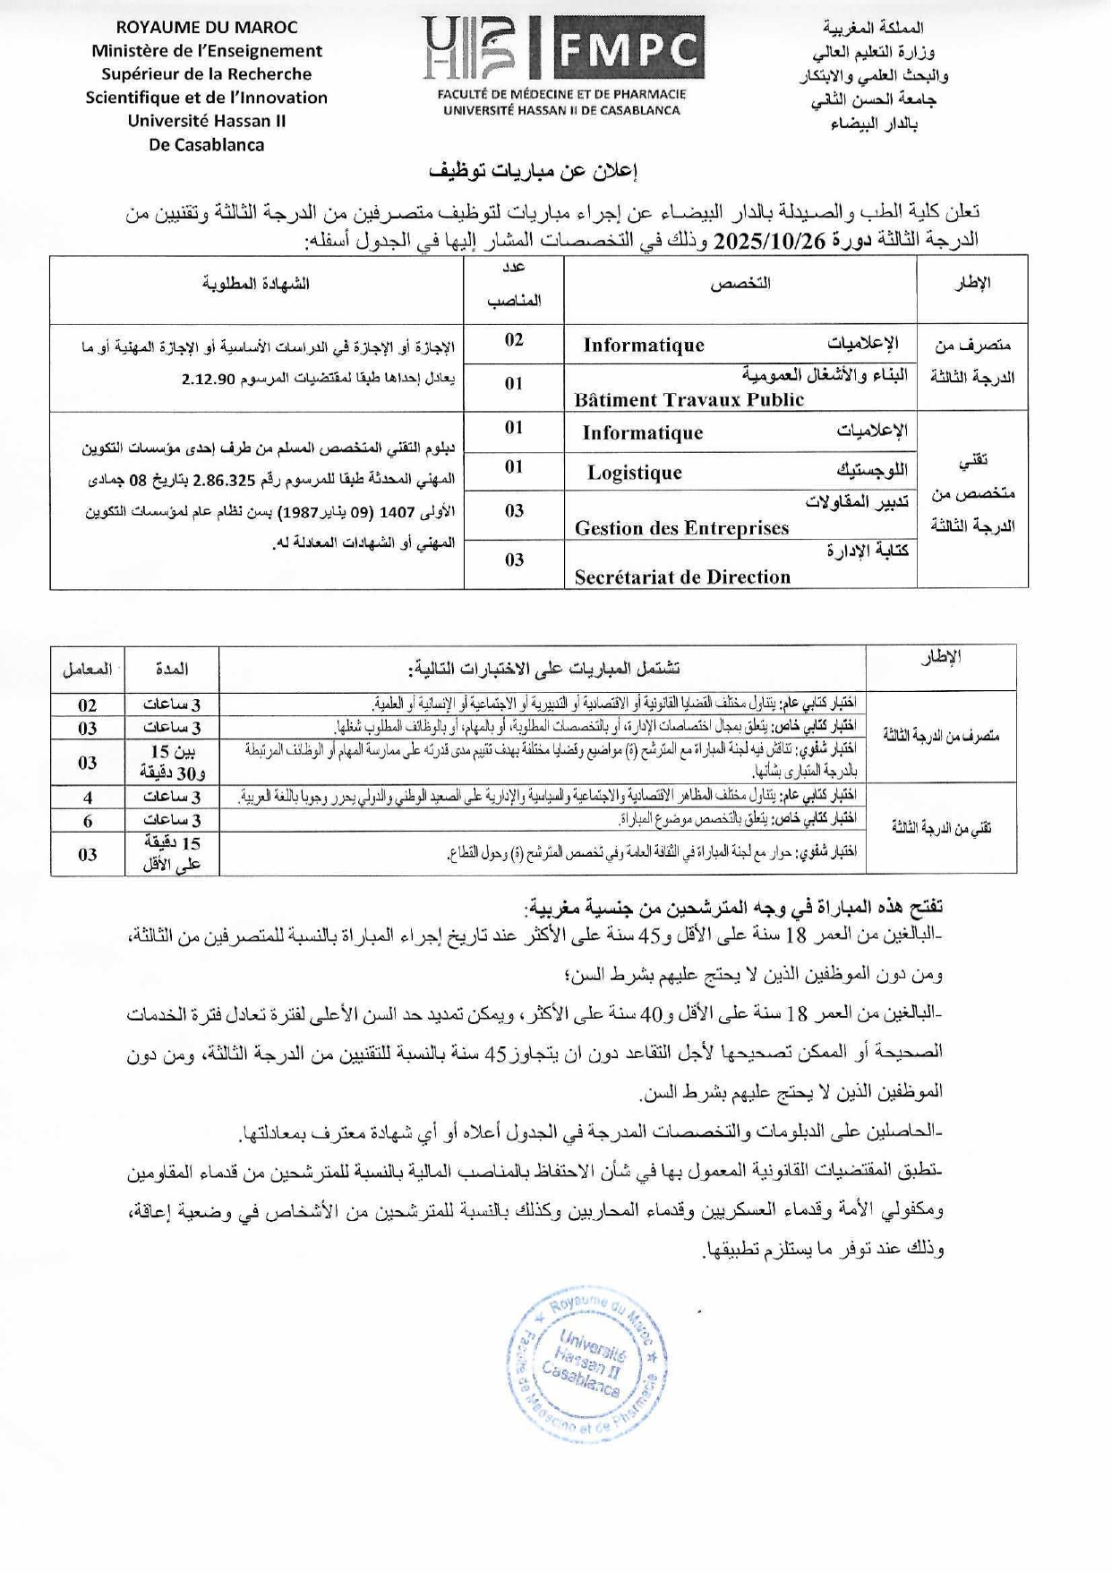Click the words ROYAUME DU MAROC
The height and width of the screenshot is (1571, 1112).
pyautogui.click(x=207, y=28)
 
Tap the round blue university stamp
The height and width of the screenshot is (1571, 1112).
pyautogui.click(x=586, y=1366)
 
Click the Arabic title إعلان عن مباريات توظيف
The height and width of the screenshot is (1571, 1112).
pyautogui.click(x=535, y=171)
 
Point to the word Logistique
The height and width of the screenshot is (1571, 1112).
pyautogui.click(x=634, y=473)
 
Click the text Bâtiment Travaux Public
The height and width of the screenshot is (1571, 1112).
pyautogui.click(x=689, y=400)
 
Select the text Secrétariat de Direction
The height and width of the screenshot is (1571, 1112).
pyautogui.click(x=682, y=577)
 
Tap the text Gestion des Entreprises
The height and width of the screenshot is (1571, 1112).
pyautogui.click(x=681, y=528)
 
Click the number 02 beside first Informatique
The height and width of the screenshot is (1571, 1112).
pyautogui.click(x=514, y=340)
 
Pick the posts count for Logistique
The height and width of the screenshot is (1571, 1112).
pyautogui.click(x=514, y=467)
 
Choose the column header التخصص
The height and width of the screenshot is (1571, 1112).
pyautogui.click(x=740, y=284)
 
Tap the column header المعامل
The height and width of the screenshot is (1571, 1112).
pyautogui.click(x=87, y=669)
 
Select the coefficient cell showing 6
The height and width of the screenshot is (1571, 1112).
pyautogui.click(x=87, y=821)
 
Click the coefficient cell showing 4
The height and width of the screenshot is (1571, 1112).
pyautogui.click(x=87, y=797)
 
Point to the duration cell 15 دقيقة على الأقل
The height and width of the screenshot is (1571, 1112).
pyautogui.click(x=171, y=853)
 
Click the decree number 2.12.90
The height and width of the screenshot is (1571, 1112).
pyautogui.click(x=208, y=380)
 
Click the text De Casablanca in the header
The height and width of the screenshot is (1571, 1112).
pyautogui.click(x=207, y=144)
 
